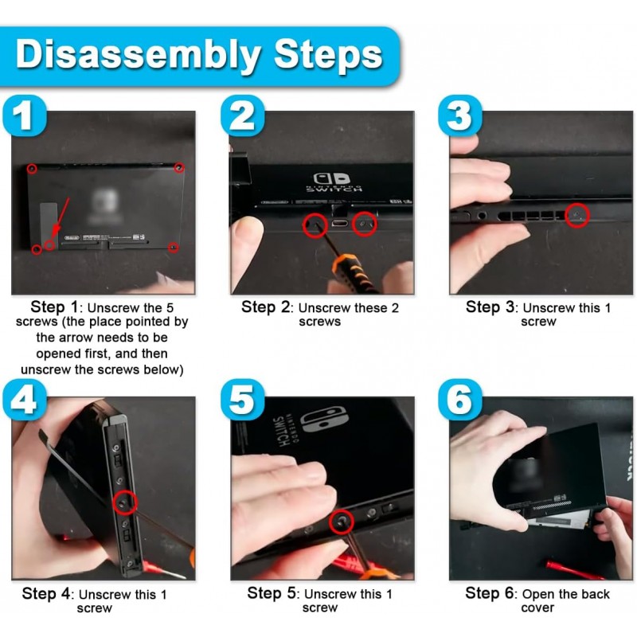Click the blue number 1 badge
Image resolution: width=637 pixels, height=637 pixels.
(25, 115)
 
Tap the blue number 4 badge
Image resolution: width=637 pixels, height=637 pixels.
(25, 401)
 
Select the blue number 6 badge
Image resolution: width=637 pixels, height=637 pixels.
(460, 400)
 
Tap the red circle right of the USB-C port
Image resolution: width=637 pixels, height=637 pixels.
(365, 224)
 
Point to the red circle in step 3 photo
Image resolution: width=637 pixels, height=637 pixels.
(577, 215)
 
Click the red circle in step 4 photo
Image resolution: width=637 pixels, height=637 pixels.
(125, 503)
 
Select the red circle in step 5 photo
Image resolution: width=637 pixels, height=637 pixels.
(341, 522)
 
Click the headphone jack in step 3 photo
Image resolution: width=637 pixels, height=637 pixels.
(482, 216)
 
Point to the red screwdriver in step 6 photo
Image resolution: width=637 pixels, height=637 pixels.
(574, 569)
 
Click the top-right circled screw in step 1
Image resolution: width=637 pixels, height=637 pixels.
(179, 167)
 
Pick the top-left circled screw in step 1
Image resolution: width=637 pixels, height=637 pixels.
(32, 169)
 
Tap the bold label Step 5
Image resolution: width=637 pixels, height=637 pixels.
(272, 593)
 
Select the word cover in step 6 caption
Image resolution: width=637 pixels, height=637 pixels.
(537, 608)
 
